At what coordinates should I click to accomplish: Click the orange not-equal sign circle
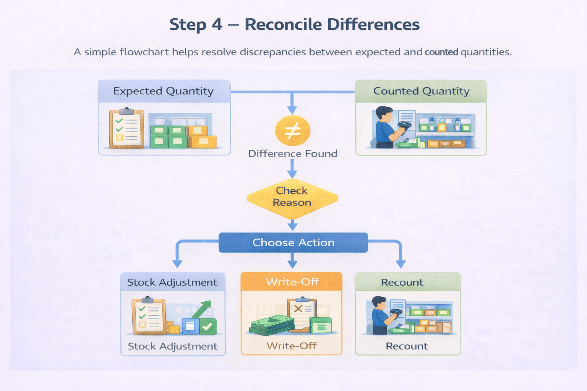click(x=293, y=131)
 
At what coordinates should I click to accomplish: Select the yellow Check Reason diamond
click(x=292, y=197)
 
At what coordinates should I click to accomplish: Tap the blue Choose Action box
click(x=293, y=242)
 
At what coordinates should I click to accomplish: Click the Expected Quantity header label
click(x=163, y=91)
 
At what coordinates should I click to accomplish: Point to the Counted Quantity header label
click(x=421, y=91)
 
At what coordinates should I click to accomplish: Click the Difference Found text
click(x=293, y=153)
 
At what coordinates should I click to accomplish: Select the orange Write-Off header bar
click(x=292, y=282)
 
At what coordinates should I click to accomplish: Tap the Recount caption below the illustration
click(x=407, y=346)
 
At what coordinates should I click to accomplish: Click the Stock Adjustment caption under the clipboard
click(x=172, y=346)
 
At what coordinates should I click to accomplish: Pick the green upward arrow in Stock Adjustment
click(x=203, y=309)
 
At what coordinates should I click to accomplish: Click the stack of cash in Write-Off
click(x=272, y=325)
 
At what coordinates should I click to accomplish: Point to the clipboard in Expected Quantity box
click(x=126, y=129)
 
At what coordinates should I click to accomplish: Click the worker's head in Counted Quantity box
click(x=384, y=114)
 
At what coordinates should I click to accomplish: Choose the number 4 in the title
click(x=217, y=25)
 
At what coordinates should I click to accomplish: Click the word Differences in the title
click(x=373, y=25)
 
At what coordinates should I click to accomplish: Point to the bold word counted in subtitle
click(x=441, y=52)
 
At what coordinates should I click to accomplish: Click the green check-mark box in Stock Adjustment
click(x=208, y=326)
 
